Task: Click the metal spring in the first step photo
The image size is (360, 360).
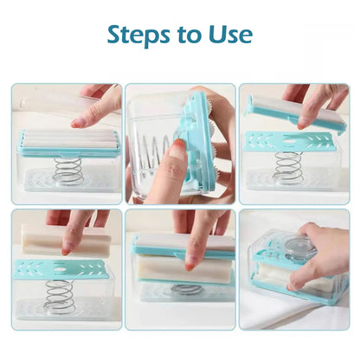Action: (x=67, y=170)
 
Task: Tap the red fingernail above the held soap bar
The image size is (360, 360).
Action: (x=67, y=248)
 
